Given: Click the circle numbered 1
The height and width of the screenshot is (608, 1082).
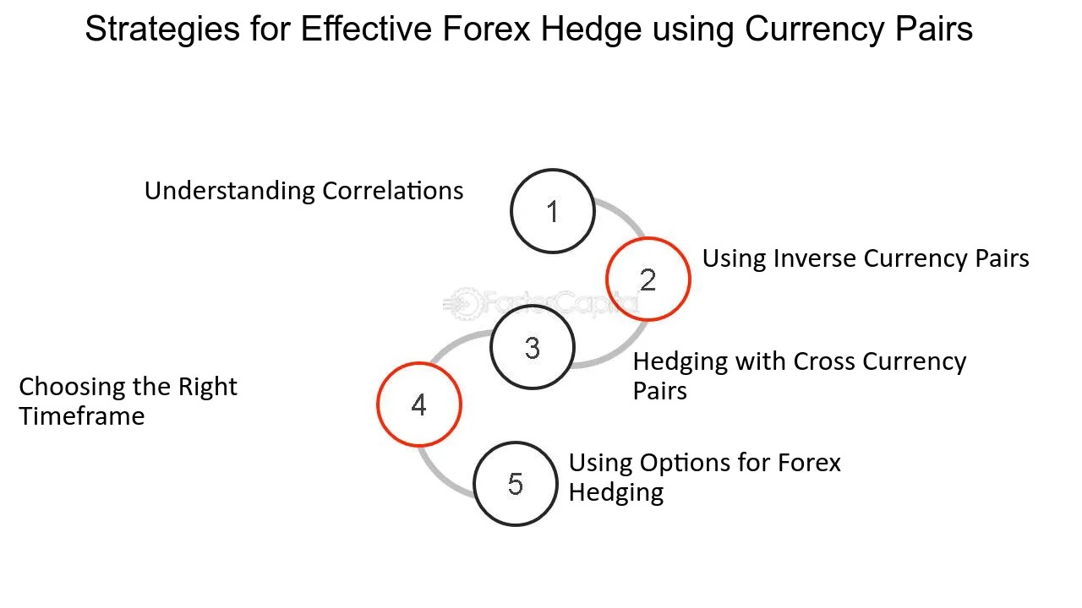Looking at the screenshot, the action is coord(553,170).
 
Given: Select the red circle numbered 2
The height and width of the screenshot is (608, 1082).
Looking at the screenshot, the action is coord(648,238).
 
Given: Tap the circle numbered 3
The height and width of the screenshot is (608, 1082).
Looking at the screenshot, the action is coord(533,306).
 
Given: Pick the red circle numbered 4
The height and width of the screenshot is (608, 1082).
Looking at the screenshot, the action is coord(419,363).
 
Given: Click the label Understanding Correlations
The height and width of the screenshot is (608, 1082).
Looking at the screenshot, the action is coord(303,191).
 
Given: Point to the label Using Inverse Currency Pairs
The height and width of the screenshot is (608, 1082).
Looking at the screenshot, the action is coord(866,258).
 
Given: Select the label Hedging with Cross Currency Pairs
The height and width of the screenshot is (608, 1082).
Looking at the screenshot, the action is coord(800,376).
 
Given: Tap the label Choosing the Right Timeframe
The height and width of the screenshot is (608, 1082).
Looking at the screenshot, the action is coord(128,401).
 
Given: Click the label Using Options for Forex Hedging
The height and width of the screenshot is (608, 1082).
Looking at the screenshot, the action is coord(705,477).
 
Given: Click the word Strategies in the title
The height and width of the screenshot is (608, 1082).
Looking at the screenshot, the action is coord(162,30).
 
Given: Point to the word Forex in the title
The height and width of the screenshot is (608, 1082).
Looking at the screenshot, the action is coord(486,29).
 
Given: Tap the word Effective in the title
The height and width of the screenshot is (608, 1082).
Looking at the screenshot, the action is coord(366,29).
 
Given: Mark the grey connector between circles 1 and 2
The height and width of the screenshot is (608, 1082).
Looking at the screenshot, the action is coord(625,214).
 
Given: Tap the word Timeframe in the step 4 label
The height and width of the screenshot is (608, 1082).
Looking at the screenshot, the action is coord(82,416).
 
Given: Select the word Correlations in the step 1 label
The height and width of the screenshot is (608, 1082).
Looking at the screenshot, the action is coord(393,191).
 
